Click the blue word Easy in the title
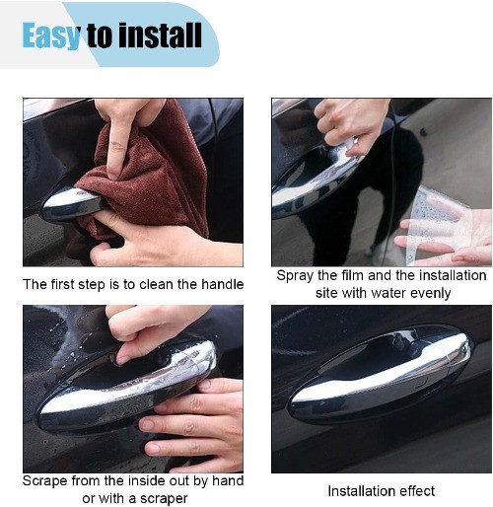tap(51, 36)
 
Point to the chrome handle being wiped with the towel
tap(71, 204)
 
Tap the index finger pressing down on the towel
tap(118, 145)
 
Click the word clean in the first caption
tap(157, 284)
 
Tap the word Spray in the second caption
tap(295, 275)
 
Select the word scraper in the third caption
tap(164, 499)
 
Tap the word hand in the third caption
tap(228, 480)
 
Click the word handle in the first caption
tap(223, 284)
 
